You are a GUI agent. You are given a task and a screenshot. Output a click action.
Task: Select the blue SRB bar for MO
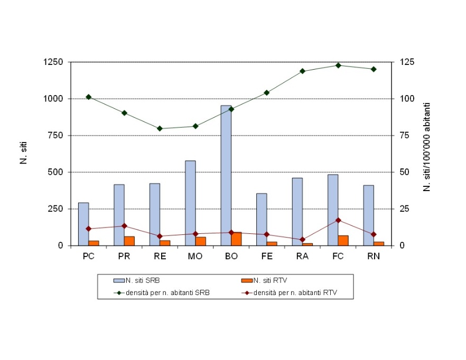point(190,203)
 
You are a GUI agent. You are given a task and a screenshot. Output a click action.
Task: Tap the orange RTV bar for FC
point(343,241)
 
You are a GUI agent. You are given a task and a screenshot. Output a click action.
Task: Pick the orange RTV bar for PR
point(129,241)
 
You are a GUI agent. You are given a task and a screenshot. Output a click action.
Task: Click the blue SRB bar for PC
point(83,224)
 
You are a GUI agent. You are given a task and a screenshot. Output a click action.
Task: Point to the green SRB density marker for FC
point(338,65)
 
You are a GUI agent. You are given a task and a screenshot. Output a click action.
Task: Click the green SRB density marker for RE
point(160,128)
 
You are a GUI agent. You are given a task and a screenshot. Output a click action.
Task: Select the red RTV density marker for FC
point(338,220)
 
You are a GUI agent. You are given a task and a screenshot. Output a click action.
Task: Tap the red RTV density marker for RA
point(302,240)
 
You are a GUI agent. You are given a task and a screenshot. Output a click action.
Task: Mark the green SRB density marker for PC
point(88,97)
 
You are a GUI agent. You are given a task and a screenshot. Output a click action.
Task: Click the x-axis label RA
point(302,256)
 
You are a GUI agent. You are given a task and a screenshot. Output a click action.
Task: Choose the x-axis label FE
point(267,256)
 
